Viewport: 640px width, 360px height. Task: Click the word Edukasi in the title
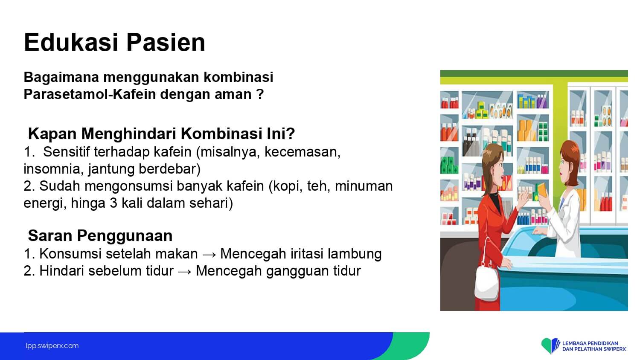click(x=71, y=42)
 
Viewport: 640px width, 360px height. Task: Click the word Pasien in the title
click(x=166, y=42)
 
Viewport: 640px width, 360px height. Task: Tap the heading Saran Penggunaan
click(x=100, y=236)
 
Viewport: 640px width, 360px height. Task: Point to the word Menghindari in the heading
click(x=128, y=134)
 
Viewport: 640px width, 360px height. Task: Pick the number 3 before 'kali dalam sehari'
click(x=113, y=203)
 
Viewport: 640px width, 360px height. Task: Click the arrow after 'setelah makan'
click(x=209, y=254)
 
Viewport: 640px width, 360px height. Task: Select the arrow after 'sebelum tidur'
click(x=185, y=271)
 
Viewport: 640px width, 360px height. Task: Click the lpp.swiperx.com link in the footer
click(x=52, y=346)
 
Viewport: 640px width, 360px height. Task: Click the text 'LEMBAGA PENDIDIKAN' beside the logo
click(x=590, y=343)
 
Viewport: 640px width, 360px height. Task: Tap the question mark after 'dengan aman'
click(x=260, y=94)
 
